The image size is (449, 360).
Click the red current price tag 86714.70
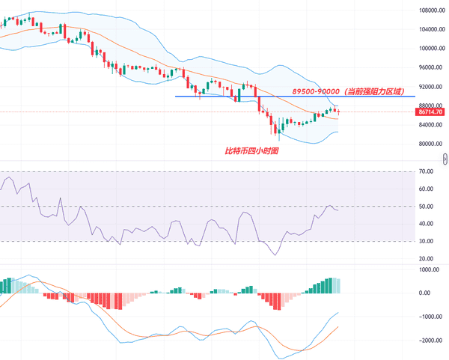[x=430, y=112]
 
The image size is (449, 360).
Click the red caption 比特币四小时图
[x=251, y=151]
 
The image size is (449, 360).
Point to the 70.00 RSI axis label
[x=427, y=171]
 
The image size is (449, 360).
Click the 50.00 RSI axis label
[x=427, y=206]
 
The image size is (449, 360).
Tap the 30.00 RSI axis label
[x=427, y=241]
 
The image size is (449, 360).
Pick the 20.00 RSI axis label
[x=427, y=258]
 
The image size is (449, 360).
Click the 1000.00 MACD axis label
[x=429, y=269]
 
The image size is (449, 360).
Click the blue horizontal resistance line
[x=224, y=96]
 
